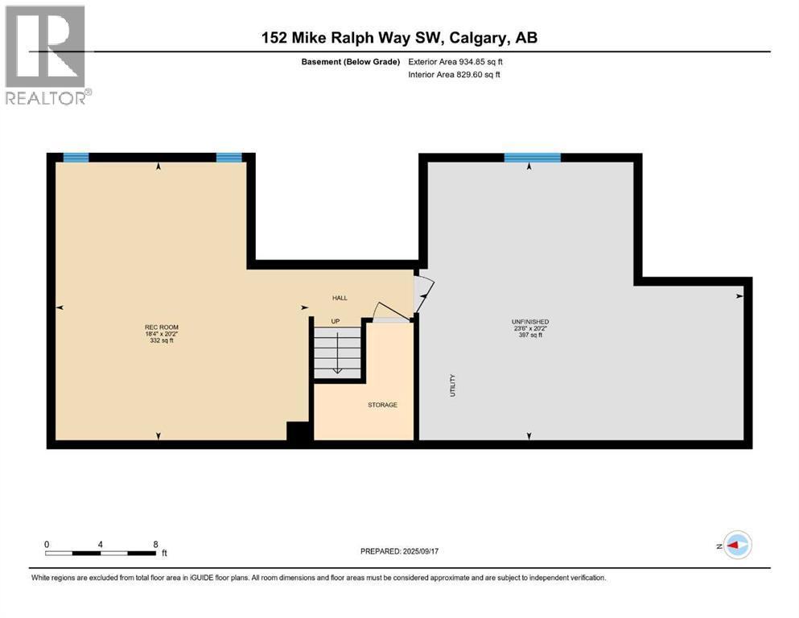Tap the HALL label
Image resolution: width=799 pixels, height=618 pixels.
click(340, 298)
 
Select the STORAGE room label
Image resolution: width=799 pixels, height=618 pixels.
click(382, 405)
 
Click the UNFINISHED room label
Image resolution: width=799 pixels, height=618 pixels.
click(529, 322)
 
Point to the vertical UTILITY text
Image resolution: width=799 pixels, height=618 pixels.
click(452, 385)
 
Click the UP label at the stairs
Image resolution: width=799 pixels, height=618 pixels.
click(336, 321)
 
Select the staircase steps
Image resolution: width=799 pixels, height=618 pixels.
click(336, 354)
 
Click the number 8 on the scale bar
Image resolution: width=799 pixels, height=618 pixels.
click(155, 544)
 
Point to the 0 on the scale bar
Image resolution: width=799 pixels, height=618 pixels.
click(47, 544)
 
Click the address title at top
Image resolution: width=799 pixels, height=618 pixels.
click(399, 37)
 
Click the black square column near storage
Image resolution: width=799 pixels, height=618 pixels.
click(299, 431)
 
